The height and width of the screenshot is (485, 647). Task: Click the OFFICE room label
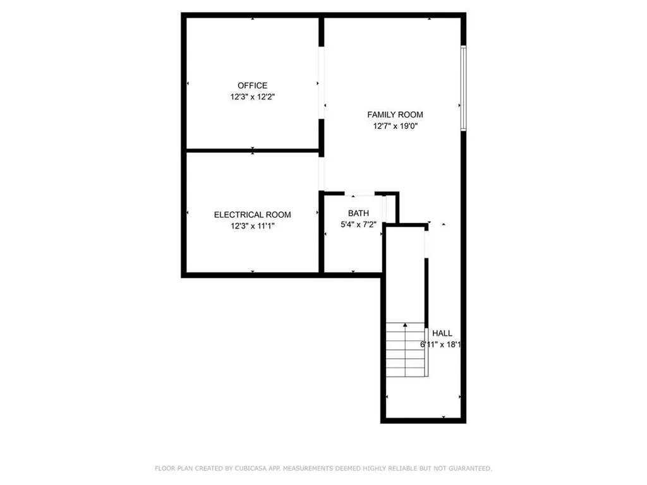click(x=252, y=85)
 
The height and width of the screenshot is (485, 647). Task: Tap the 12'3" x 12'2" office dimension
click(x=252, y=97)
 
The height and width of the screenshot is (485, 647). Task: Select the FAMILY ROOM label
click(x=395, y=114)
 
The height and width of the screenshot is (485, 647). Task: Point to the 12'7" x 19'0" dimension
click(x=395, y=126)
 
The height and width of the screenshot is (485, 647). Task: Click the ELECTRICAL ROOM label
click(x=252, y=215)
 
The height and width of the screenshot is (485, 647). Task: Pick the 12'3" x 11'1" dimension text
click(x=252, y=227)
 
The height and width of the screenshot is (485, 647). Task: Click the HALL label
click(x=442, y=333)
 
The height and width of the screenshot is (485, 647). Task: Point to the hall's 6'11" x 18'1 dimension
click(x=443, y=345)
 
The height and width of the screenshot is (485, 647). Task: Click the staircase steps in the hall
click(x=406, y=350)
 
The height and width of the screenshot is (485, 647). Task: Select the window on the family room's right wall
click(x=463, y=88)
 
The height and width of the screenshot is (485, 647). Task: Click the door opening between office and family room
click(x=321, y=83)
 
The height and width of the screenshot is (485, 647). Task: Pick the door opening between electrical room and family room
click(x=321, y=173)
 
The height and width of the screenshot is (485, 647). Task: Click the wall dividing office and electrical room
click(x=253, y=150)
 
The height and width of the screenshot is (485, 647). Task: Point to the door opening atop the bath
click(x=360, y=193)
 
